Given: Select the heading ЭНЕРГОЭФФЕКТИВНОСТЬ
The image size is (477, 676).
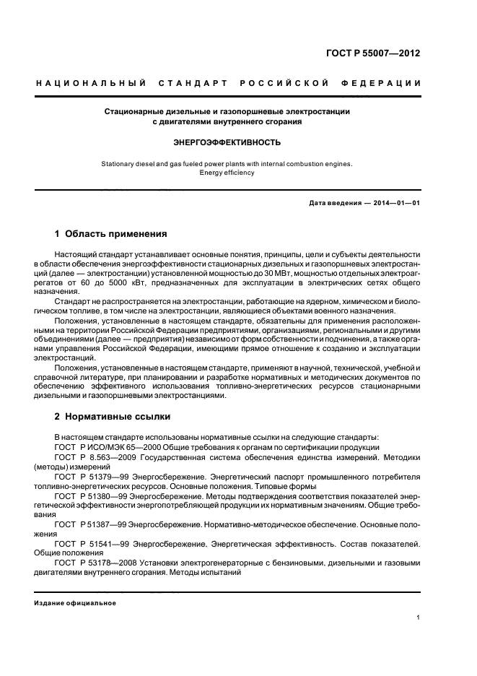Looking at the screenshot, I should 227,143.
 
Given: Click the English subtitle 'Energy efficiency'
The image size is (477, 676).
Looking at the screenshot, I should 227,173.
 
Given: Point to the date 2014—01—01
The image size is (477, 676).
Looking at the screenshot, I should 396,203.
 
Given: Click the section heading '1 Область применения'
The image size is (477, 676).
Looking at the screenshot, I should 111,234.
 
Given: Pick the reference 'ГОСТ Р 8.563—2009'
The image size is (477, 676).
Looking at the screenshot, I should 95,457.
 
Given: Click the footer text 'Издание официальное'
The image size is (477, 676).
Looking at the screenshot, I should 76,602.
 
